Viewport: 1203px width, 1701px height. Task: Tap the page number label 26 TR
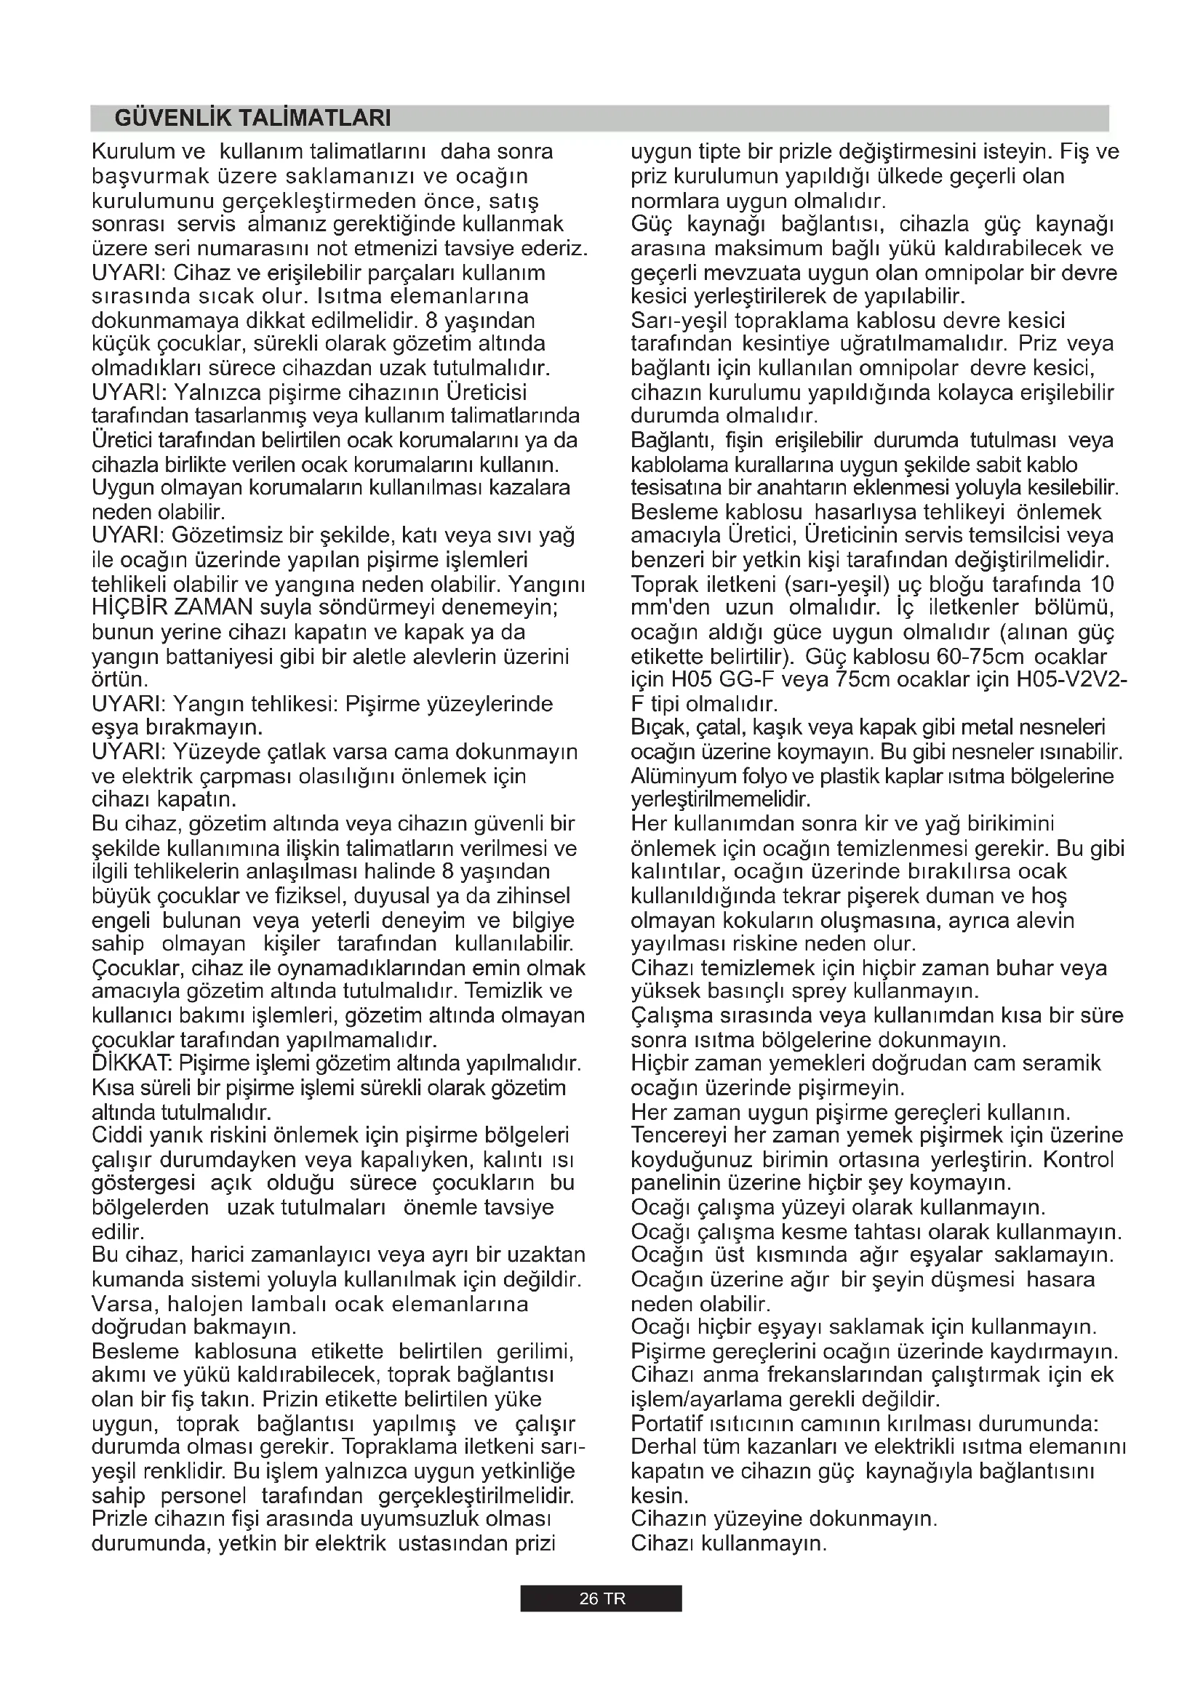click(x=601, y=1598)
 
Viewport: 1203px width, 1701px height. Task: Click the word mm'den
click(x=670, y=608)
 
